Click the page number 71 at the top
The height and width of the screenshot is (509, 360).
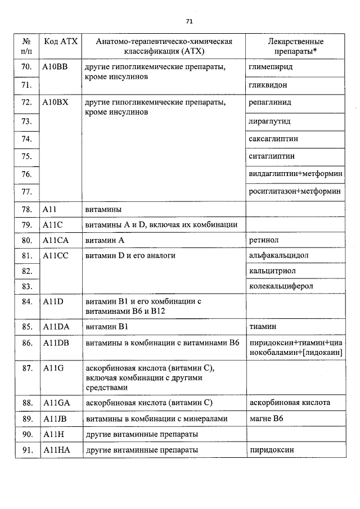189,21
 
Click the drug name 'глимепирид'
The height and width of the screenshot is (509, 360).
270,67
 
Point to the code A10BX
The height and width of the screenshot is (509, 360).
55,103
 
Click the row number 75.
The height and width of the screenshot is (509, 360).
26,156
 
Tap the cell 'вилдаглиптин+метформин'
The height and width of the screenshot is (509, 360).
295,174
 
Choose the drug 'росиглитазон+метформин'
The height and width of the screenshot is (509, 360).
295,191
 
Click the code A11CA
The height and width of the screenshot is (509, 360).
55,241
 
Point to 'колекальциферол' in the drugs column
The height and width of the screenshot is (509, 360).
281,286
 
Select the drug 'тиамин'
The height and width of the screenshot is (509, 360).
262,326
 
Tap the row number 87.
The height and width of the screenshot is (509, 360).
26,368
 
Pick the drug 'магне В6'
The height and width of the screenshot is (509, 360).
263,418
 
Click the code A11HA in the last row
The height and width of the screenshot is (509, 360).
56,450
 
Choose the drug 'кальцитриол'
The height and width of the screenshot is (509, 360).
272,271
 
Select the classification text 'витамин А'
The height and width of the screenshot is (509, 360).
104,241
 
